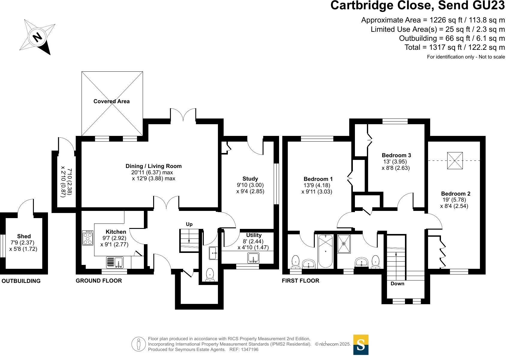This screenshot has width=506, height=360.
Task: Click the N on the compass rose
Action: (x=37, y=37)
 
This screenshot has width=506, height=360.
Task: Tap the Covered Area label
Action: (x=112, y=101)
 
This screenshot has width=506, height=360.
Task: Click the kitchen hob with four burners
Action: (x=88, y=238)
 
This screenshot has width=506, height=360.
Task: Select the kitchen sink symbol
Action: (x=115, y=262)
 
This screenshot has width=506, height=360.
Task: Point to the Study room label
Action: (x=250, y=179)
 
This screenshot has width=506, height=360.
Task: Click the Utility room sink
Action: (x=254, y=258)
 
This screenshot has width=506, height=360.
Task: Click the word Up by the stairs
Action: (x=189, y=224)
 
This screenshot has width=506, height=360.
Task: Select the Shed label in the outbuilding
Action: (x=24, y=236)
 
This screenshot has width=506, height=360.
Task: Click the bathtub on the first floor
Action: (x=325, y=251)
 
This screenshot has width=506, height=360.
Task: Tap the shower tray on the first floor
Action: (x=344, y=244)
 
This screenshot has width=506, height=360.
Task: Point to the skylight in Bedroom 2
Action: (x=455, y=160)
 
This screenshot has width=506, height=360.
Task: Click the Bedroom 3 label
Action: (x=396, y=155)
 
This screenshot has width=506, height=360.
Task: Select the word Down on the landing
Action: (x=397, y=284)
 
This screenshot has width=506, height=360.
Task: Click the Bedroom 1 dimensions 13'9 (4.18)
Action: (x=317, y=185)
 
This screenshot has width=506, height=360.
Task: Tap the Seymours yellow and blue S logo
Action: (x=361, y=345)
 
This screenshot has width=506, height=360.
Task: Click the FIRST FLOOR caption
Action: (x=300, y=281)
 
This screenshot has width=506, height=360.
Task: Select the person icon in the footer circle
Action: (x=138, y=344)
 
